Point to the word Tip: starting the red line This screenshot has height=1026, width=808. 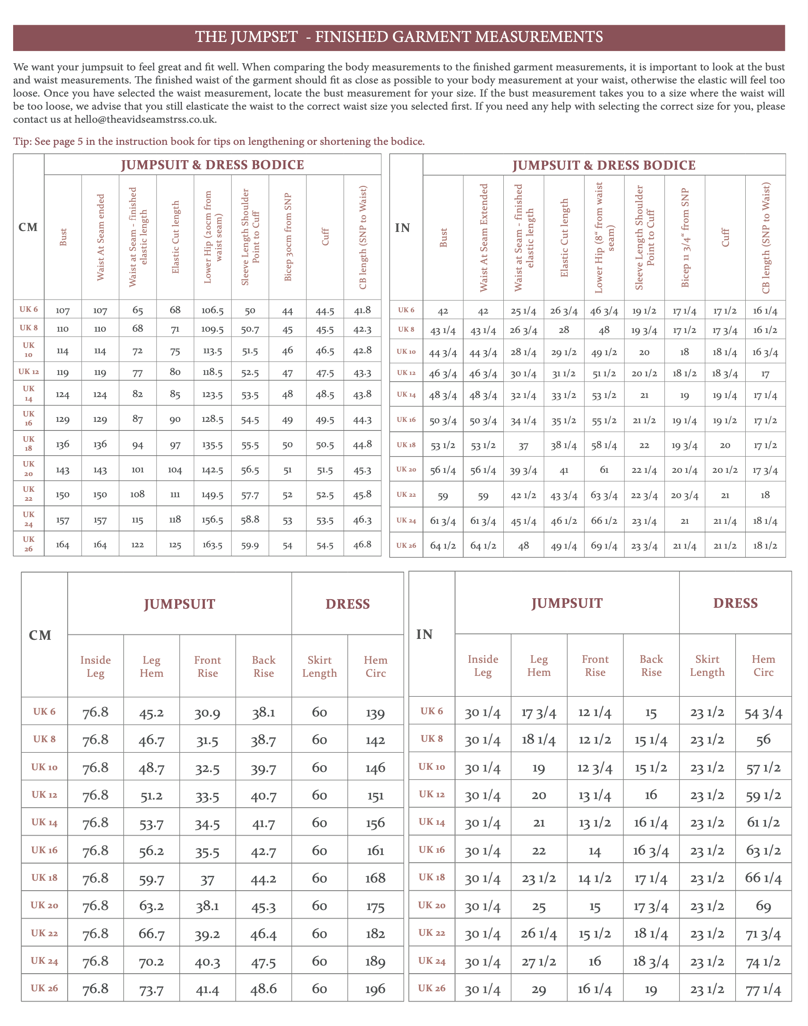pyautogui.click(x=22, y=141)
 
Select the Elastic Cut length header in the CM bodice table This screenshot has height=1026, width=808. pyautogui.click(x=176, y=237)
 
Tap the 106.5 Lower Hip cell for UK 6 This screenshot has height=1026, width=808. pyautogui.click(x=213, y=310)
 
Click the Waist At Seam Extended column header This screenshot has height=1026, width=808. pyautogui.click(x=483, y=237)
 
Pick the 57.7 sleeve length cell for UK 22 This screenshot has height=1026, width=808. pyautogui.click(x=250, y=495)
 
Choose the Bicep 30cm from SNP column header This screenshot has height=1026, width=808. pyautogui.click(x=288, y=237)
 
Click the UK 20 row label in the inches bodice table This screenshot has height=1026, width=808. pyautogui.click(x=406, y=470)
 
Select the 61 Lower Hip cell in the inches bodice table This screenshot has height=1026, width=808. pyautogui.click(x=604, y=470)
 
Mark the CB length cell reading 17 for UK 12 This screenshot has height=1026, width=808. pyautogui.click(x=765, y=374)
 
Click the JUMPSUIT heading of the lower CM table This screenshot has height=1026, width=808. pyautogui.click(x=179, y=604)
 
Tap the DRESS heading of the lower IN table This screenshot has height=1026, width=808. pyautogui.click(x=735, y=603)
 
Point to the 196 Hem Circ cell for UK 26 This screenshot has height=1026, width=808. pyautogui.click(x=375, y=989)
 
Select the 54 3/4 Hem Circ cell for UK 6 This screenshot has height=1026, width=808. pyautogui.click(x=763, y=712)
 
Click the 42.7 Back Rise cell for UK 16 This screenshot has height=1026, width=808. pyautogui.click(x=264, y=850)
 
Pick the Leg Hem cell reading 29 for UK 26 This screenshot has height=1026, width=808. pyautogui.click(x=539, y=989)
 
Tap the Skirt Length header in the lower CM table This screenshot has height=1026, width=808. pyautogui.click(x=319, y=666)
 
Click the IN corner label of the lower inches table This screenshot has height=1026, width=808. pyautogui.click(x=424, y=634)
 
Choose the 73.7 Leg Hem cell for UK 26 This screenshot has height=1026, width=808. pyautogui.click(x=151, y=989)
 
